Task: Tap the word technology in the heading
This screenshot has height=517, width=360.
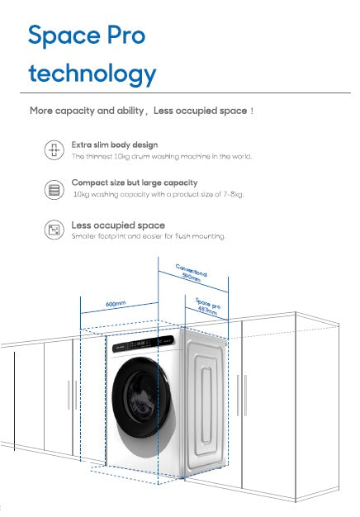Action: click(x=91, y=74)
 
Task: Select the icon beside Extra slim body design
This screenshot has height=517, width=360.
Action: click(x=54, y=149)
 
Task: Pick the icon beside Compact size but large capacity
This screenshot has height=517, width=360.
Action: click(x=54, y=189)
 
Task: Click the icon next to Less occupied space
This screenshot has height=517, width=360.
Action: click(x=54, y=230)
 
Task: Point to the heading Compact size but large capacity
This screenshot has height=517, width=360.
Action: click(x=134, y=182)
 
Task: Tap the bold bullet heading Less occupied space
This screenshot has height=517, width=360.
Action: click(x=117, y=225)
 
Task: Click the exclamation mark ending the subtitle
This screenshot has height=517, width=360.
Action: click(x=252, y=111)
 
